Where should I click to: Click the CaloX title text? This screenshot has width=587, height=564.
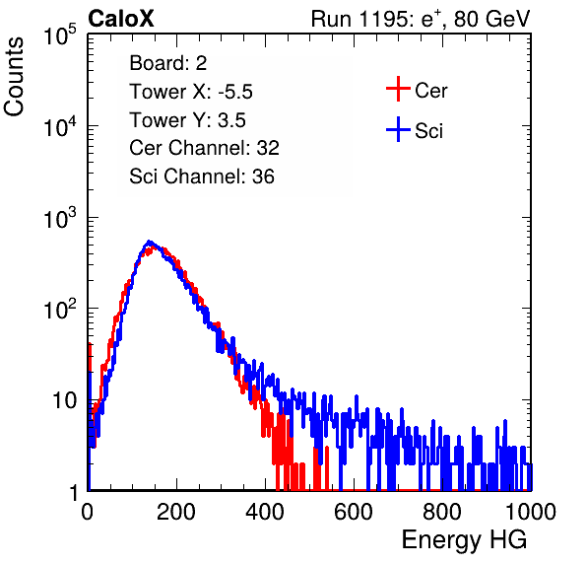121,19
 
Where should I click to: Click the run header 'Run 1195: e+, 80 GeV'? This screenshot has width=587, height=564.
421,19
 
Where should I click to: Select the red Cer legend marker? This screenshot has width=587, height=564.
398,89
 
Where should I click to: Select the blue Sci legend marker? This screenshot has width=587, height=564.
398,130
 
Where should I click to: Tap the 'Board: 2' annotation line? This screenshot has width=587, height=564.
168,63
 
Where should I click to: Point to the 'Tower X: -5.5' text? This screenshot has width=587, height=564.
191,92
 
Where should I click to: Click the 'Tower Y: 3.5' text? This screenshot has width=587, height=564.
187,120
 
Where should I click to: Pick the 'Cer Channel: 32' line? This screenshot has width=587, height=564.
205,148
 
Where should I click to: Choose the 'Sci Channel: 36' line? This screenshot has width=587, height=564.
202,176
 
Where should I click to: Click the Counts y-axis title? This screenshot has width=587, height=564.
14,77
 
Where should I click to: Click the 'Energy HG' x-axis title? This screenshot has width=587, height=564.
464,540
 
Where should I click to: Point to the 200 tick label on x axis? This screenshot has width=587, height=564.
176,512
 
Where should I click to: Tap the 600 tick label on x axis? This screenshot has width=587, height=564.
354,512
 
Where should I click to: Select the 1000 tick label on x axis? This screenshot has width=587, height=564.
531,512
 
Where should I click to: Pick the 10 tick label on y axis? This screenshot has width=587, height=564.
64,400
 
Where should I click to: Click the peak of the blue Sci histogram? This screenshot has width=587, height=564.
149,242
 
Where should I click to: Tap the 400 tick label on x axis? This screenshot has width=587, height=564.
265,512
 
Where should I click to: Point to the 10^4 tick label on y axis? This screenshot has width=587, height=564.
60,126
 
